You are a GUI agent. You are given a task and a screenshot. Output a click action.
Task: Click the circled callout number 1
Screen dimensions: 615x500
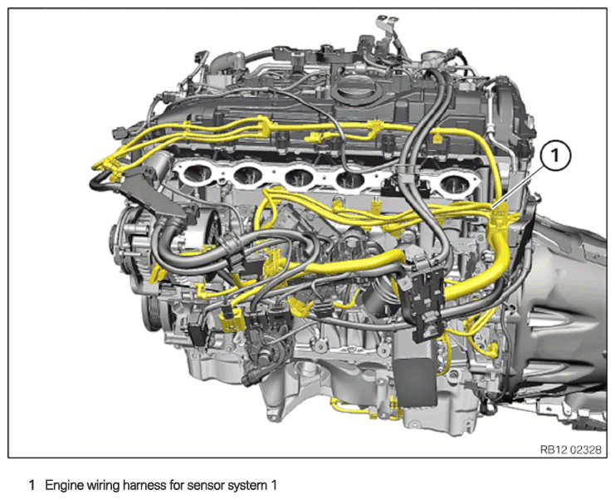coord(555,157)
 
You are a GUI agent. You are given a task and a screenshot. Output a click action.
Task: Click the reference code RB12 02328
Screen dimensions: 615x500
coord(571,449)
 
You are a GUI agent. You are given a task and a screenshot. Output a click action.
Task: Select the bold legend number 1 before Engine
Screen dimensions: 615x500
coord(32,486)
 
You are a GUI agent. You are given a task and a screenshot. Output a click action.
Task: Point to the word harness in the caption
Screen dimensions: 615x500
coord(145,486)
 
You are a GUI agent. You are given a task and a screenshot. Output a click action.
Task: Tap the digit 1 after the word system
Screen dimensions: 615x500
coord(274,486)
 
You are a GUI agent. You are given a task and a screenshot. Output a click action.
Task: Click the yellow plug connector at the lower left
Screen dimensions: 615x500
coord(232,318)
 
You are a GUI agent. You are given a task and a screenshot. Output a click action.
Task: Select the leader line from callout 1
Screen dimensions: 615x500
coord(519,186)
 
